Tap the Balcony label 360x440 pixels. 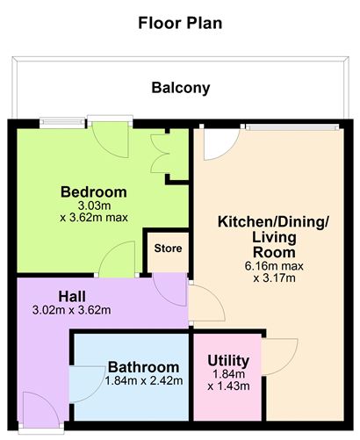coord(180,88)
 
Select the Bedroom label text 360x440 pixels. coord(94,191)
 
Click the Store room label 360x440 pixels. coord(168,249)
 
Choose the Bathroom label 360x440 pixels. coord(143,366)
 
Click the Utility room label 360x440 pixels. coord(228,361)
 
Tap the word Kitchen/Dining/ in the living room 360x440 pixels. coord(273,222)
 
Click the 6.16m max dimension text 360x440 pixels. coord(273,266)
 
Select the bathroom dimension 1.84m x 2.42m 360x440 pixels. coord(143,381)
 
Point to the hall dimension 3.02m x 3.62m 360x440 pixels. coord(72,310)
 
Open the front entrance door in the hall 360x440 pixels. coord(40,408)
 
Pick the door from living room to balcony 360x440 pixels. coord(214,142)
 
